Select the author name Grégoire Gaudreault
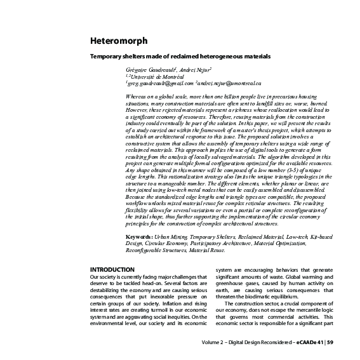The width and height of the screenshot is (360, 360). point(149,68)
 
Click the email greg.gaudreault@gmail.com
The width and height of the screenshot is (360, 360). point(159,83)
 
